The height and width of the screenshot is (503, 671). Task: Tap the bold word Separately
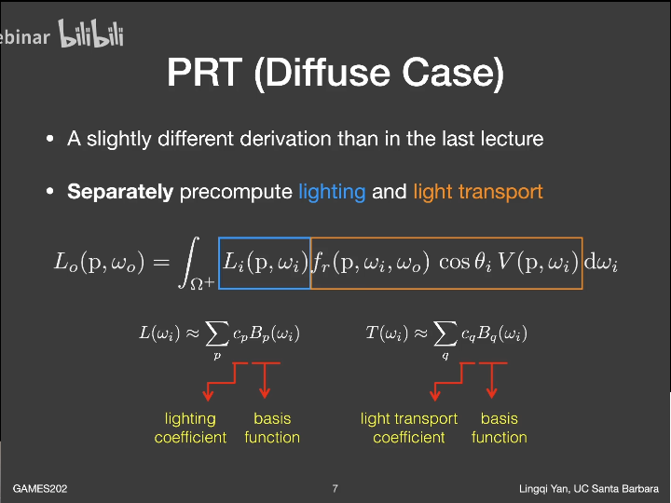click(x=120, y=193)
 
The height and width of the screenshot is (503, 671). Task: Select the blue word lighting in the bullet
click(x=332, y=193)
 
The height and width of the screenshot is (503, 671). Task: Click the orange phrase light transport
click(x=477, y=193)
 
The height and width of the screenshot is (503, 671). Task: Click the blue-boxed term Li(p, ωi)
click(x=263, y=263)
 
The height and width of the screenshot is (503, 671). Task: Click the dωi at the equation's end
click(x=601, y=263)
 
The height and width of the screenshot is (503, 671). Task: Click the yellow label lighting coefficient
click(x=190, y=428)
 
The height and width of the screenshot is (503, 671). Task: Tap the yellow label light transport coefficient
click(x=409, y=428)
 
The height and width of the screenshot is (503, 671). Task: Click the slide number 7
click(x=335, y=488)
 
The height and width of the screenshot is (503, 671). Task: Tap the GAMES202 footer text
click(x=39, y=488)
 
